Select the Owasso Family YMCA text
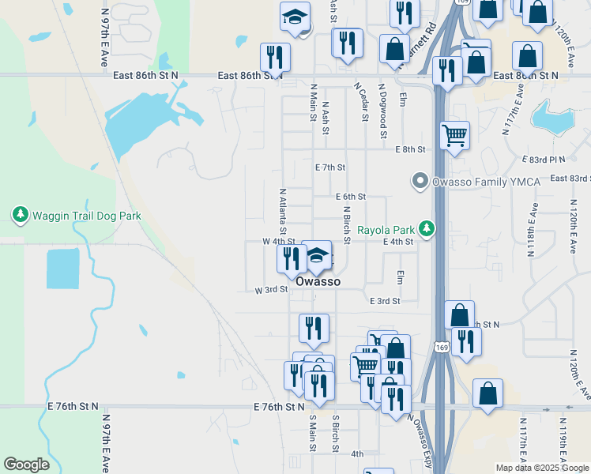point(486,182)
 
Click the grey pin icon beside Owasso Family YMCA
point(420,182)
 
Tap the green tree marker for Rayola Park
point(427,229)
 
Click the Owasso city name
point(318,281)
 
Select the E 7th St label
point(330,167)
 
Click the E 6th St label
point(351,197)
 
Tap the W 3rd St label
point(270,290)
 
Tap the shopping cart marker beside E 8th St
point(454,136)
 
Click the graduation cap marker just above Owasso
point(317,256)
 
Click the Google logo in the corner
point(26,465)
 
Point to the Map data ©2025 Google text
point(542,468)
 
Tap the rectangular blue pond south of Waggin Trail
point(62,269)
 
